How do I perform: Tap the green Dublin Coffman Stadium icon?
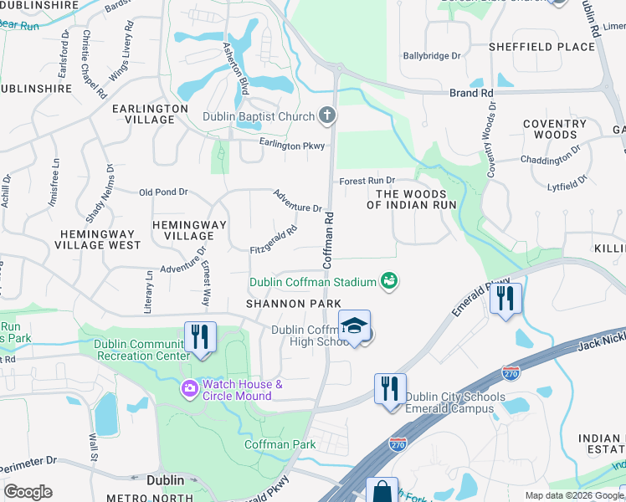click(388, 281)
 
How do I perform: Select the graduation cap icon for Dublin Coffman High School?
click(354, 325)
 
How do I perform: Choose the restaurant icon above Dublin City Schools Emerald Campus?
click(390, 389)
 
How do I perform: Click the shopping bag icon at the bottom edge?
click(382, 492)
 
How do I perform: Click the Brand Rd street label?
click(471, 94)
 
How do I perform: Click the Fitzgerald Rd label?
click(274, 240)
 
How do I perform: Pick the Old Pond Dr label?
click(163, 192)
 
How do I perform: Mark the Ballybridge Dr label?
click(432, 56)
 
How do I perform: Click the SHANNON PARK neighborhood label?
click(293, 303)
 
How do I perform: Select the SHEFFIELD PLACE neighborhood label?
click(553, 47)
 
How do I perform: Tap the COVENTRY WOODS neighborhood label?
click(549, 129)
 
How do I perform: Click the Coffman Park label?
click(280, 444)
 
